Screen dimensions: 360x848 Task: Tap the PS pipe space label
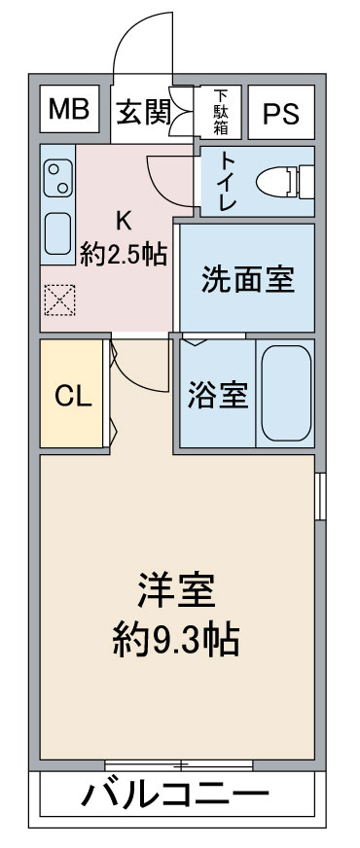pyautogui.click(x=281, y=113)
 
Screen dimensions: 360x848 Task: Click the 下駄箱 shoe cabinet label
pyautogui.click(x=221, y=113)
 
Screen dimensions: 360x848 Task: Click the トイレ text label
pyautogui.click(x=228, y=181)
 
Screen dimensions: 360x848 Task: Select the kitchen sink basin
pyautogui.click(x=57, y=233)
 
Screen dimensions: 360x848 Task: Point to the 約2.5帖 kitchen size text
pyautogui.click(x=123, y=255)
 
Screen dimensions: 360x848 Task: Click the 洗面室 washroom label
pyautogui.click(x=248, y=280)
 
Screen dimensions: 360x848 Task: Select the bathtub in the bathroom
pyautogui.click(x=286, y=393)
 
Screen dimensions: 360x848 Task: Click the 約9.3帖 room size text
pyautogui.click(x=176, y=642)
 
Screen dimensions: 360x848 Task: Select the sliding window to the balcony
pyautogui.click(x=179, y=765)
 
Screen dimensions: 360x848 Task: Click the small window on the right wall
pyautogui.click(x=321, y=496)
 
